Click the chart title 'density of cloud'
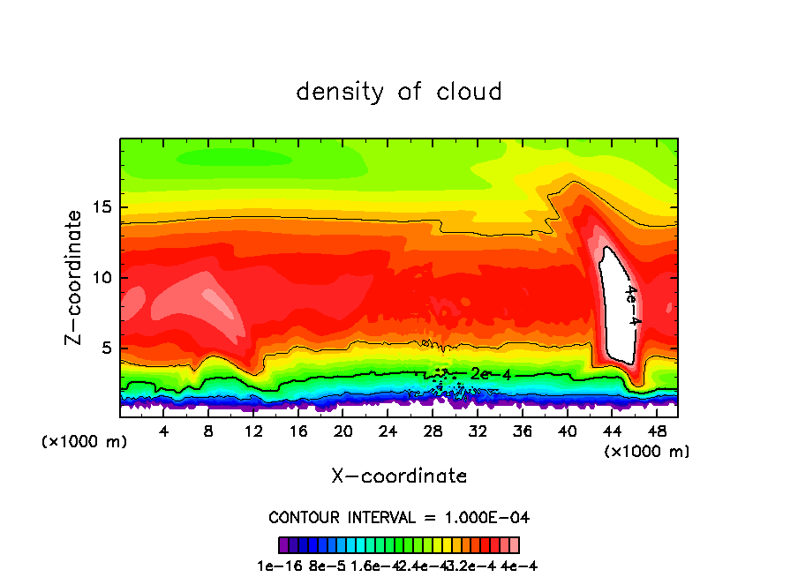tap(399, 92)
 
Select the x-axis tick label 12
tap(253, 431)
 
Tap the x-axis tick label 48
tap(657, 431)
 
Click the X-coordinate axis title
tap(399, 476)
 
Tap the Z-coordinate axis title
tap(74, 277)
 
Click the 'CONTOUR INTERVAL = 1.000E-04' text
tap(399, 517)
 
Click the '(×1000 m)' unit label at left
tap(85, 441)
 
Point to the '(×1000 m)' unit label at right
tap(647, 452)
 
